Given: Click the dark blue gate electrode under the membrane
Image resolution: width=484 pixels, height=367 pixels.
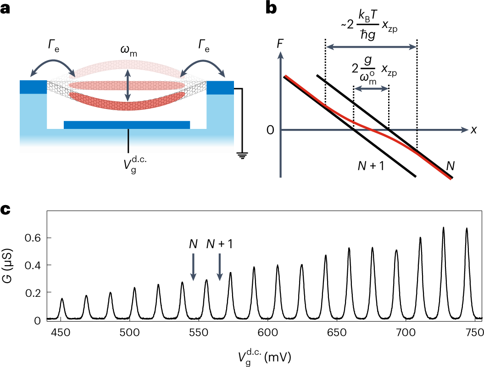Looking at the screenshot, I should (x=127, y=125).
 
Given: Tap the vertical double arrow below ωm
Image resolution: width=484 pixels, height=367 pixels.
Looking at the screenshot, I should (x=128, y=85).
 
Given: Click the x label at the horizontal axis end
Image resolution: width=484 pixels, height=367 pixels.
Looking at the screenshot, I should (x=473, y=130).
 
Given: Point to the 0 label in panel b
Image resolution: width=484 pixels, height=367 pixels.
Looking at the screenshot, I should (x=271, y=130).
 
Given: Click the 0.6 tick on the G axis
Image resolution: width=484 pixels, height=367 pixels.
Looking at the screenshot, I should (x=34, y=238).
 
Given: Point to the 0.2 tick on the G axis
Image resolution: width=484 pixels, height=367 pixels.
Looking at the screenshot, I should (x=34, y=292).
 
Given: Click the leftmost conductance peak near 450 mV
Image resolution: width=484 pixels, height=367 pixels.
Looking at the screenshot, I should (x=62, y=299).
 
